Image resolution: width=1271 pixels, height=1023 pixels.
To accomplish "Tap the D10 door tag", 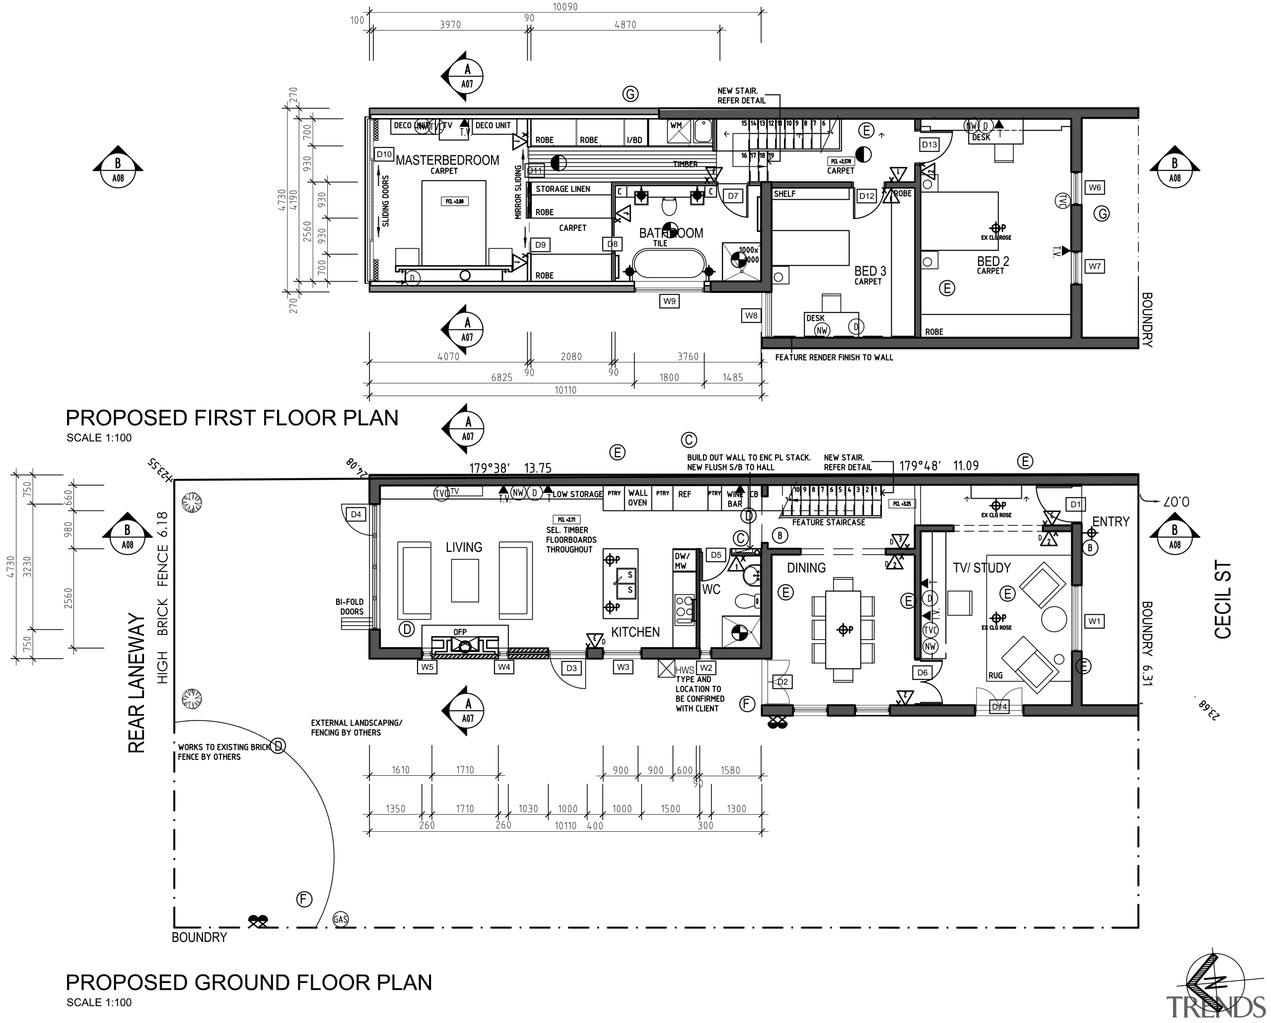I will click(384, 154).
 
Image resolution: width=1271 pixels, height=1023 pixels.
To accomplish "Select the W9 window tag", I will click(669, 301).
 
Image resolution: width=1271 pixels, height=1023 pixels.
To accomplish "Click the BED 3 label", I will click(870, 271).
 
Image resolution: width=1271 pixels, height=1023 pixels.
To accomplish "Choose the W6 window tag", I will click(1094, 188).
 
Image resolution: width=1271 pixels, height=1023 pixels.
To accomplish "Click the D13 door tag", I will click(929, 145).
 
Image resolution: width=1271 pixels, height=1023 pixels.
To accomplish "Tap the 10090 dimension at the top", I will click(565, 7).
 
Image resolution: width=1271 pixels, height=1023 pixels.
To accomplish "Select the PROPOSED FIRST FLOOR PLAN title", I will click(232, 418).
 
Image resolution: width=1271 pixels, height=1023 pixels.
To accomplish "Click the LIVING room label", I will click(463, 547).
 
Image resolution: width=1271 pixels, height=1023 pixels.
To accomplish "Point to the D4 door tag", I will click(356, 514).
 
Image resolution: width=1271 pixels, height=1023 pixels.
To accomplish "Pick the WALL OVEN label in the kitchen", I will click(637, 498).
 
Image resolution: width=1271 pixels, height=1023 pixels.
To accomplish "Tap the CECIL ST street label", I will click(1223, 600).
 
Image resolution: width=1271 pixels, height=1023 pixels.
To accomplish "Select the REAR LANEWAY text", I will click(136, 683).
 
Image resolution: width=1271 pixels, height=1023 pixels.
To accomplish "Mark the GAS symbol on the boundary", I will click(340, 919).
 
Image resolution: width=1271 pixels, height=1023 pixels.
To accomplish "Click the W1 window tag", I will click(1094, 621).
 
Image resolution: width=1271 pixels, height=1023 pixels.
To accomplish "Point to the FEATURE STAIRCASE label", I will click(828, 522).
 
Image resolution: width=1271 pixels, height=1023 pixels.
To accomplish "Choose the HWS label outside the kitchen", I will click(685, 670).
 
